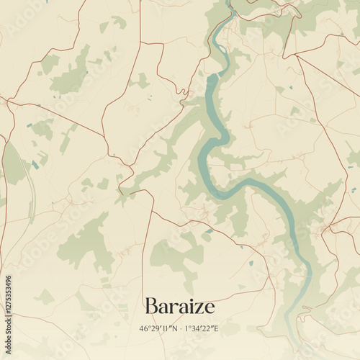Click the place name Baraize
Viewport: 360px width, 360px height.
point(179,306)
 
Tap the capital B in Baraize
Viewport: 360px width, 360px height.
point(151,306)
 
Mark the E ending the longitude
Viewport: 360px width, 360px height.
point(215,328)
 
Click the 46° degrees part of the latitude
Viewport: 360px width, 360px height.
point(145,328)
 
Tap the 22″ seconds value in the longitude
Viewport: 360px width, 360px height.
point(207,328)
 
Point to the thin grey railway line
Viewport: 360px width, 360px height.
point(32,194)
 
